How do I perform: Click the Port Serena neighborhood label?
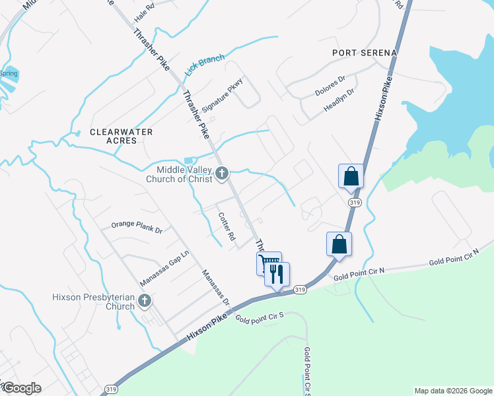point(365,53)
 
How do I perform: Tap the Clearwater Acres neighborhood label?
point(122,137)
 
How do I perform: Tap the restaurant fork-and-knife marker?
point(277,273)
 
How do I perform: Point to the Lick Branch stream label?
point(205,63)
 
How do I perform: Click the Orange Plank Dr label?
point(136,228)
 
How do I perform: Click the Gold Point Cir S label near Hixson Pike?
point(259,317)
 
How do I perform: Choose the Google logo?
point(21,388)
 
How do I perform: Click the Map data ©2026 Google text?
point(453,391)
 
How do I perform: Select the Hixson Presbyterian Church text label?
point(93,302)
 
